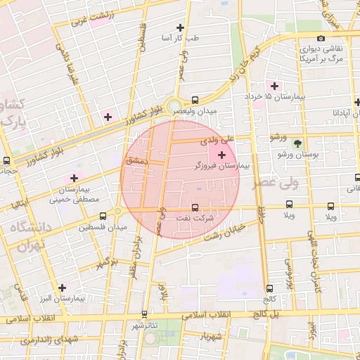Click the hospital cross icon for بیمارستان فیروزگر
click(222, 154)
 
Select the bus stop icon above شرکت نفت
click(195, 207)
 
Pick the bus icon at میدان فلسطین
click(103, 216)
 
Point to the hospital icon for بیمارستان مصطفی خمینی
click(73, 178)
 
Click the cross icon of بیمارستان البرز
click(63, 287)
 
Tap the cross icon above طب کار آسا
click(181, 27)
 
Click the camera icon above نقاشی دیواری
click(321, 38)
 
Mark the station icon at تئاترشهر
click(145, 314)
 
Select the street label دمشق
click(134, 161)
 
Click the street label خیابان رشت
click(223, 232)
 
